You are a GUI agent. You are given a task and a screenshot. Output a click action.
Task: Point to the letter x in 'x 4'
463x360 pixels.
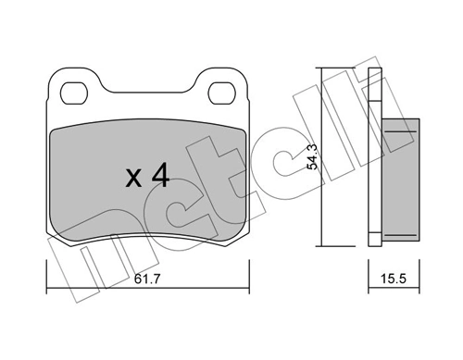pyautogui.click(x=132, y=179)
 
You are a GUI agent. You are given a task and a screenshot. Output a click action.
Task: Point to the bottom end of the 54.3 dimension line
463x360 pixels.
pyautogui.click(x=322, y=246)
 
